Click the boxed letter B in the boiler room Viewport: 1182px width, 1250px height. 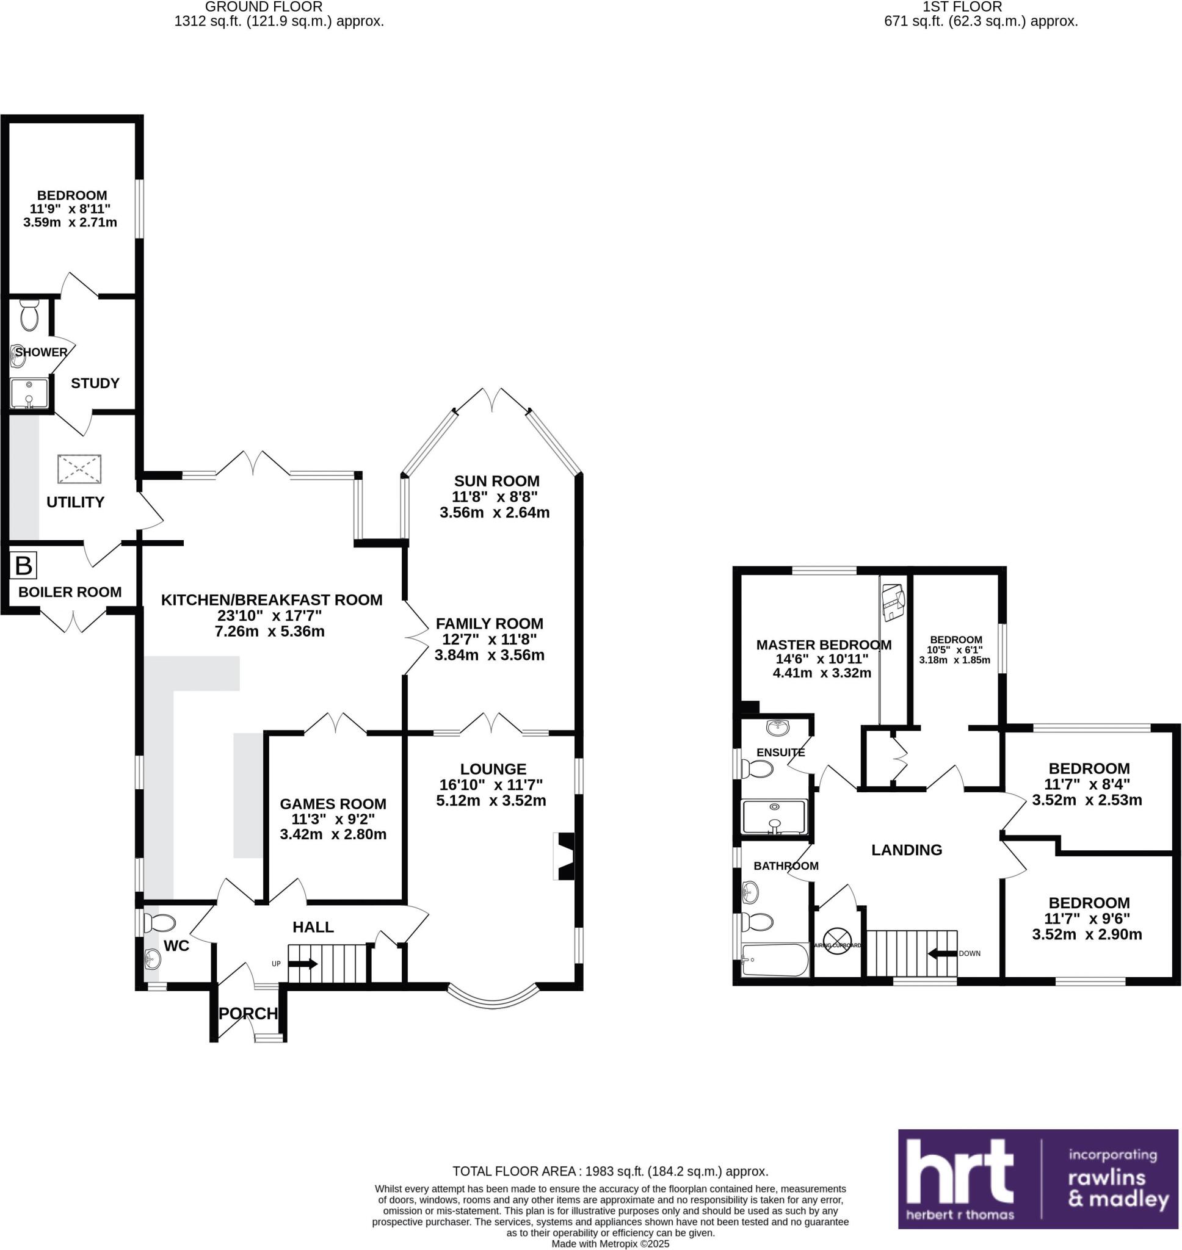pos(23,566)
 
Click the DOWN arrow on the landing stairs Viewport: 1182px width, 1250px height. pos(941,953)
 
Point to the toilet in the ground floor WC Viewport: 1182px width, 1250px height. pos(159,923)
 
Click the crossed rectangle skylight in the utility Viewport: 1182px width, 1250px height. pos(79,469)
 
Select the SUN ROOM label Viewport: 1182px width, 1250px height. pos(496,481)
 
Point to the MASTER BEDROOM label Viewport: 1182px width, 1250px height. pos(823,645)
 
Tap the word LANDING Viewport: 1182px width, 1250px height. pos(906,850)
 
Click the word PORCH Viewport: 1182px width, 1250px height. pos(248,1013)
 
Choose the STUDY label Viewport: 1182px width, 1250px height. pos(95,383)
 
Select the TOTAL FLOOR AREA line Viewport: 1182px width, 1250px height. pos(610,1171)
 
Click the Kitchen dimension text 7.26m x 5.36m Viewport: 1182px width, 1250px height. pos(270,631)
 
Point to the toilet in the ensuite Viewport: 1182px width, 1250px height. pos(758,769)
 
